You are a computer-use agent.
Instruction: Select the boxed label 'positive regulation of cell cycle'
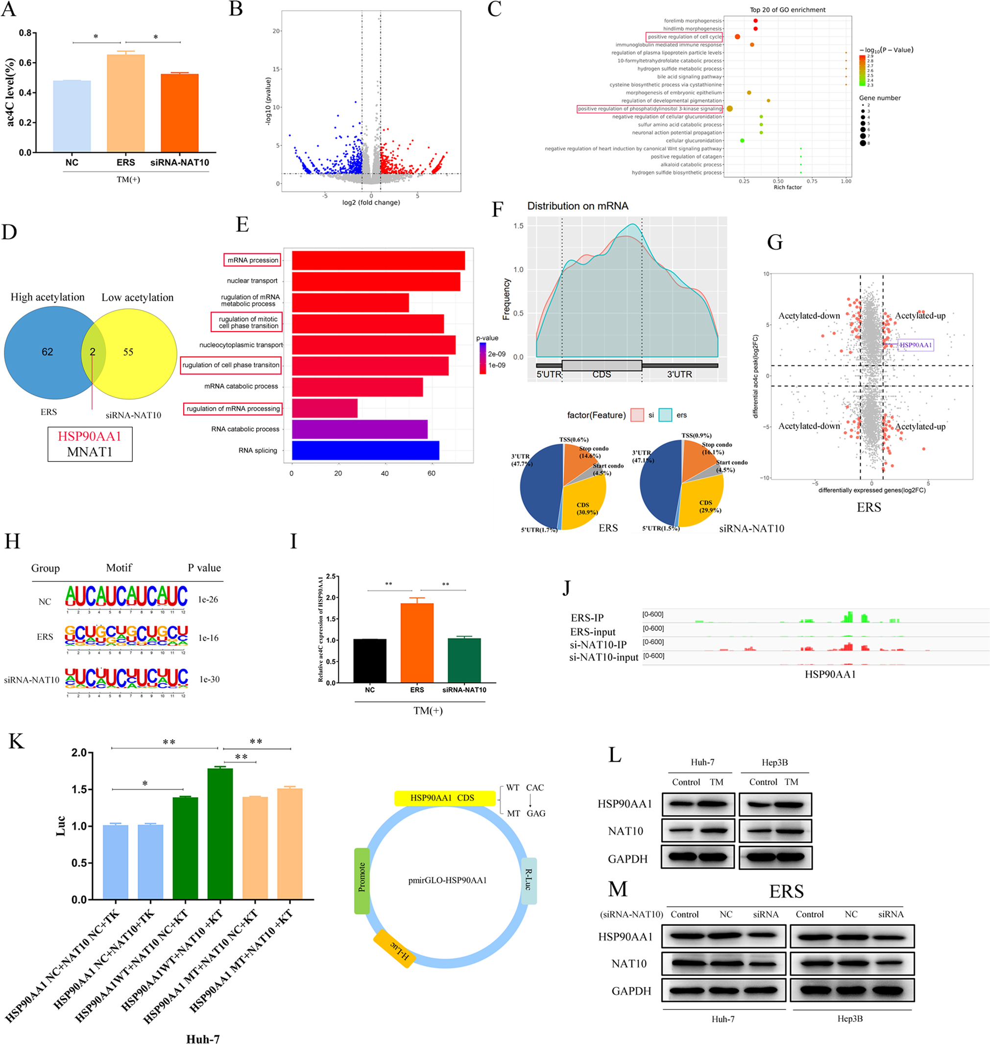click(684, 37)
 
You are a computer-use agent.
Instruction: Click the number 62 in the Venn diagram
click(48, 352)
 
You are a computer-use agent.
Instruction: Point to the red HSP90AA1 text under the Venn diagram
click(90, 436)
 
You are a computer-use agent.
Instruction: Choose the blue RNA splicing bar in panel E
click(365, 450)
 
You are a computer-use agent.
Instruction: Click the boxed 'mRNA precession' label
click(252, 260)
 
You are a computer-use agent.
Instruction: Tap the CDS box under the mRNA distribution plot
click(602, 366)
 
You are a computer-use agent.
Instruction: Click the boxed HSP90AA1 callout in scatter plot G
click(915, 345)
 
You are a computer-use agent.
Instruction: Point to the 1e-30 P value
click(210, 680)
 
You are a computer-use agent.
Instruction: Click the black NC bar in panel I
click(369, 661)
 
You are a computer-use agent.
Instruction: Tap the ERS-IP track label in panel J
click(587, 618)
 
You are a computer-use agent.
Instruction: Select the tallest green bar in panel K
click(220, 834)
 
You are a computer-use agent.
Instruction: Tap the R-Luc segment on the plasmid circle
click(528, 880)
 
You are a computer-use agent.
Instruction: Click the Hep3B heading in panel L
click(774, 762)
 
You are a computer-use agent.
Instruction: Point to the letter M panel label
click(617, 889)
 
